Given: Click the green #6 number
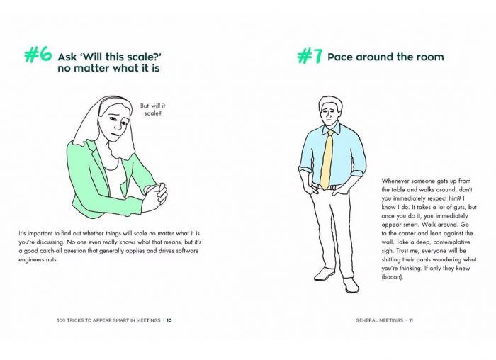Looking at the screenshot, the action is pos(38,55).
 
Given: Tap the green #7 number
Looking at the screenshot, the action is pos(310,56).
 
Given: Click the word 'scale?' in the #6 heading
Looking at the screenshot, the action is pos(145,57).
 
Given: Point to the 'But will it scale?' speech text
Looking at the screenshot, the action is pos(153,109).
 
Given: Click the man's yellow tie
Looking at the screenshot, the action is pos(327,159).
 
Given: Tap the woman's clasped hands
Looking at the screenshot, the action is pos(155,197).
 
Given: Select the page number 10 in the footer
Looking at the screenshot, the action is pos(169,320).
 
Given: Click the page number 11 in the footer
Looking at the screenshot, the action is pos(411,320).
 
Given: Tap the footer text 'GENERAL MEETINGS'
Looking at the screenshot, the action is pos(379,320).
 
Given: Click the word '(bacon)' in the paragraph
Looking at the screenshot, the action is pos(393,277).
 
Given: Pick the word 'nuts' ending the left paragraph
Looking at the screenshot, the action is pos(50,259).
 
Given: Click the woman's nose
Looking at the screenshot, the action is pos(118,125).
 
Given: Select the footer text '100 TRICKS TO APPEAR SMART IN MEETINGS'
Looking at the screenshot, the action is pos(109,320).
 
